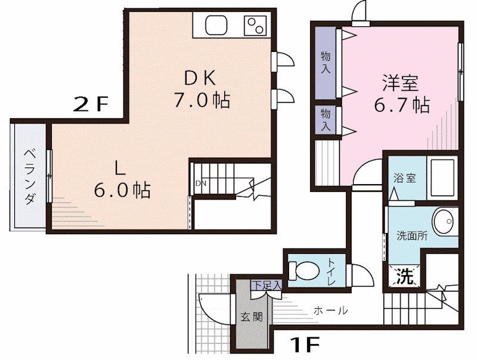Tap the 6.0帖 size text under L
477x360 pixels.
tap(122, 190)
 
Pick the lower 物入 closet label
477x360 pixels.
tap(326, 120)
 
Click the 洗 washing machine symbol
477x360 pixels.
tap(404, 276)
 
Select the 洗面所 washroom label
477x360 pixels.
tap(412, 235)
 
